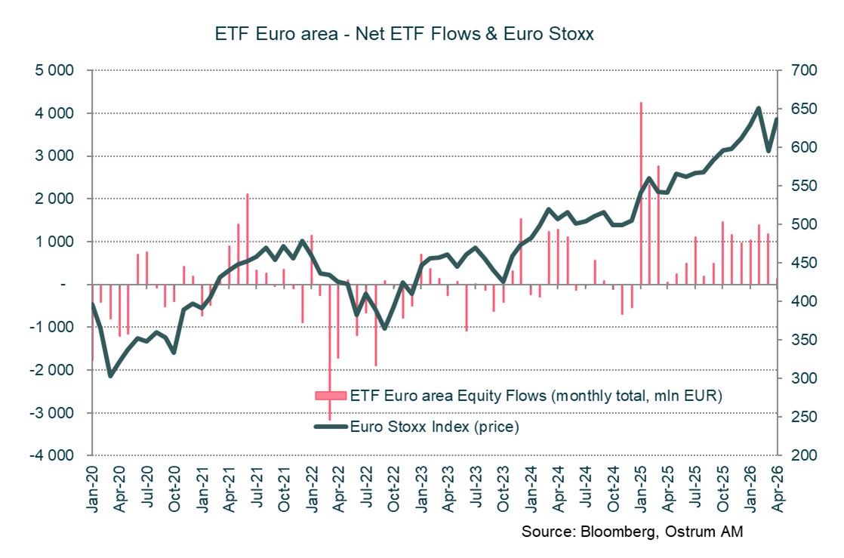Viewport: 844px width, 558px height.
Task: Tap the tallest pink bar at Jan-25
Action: tap(641, 193)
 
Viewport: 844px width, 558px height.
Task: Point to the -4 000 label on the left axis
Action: tap(51, 456)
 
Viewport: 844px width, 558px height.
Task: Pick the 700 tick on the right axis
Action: tap(805, 70)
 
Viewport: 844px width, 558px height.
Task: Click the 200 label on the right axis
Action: tap(805, 456)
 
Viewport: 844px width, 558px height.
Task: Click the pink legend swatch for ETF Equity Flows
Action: tap(330, 396)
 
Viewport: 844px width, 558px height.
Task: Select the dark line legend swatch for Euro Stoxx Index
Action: tap(330, 427)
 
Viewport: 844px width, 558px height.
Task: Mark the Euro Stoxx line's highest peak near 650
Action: tap(758, 109)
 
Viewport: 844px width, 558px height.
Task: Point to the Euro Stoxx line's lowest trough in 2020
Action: tap(111, 375)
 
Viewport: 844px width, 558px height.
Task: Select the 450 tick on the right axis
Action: tap(805, 263)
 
